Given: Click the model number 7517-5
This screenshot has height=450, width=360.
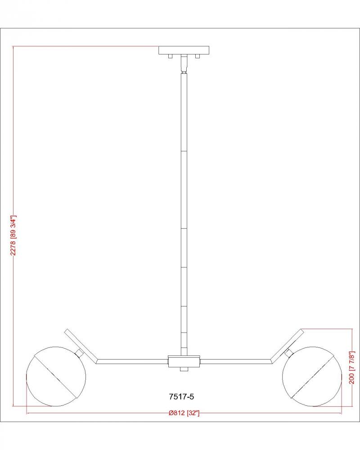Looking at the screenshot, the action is coord(181,396).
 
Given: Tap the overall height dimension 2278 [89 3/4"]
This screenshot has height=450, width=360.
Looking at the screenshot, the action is coord(13,235).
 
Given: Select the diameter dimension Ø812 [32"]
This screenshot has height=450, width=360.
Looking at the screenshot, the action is coord(184,413).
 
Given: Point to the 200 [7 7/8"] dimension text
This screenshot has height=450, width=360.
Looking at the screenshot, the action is coord(352,367).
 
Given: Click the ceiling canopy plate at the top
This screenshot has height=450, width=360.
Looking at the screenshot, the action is coord(184,50).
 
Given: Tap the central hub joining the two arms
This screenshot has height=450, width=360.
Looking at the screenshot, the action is coord(184,361).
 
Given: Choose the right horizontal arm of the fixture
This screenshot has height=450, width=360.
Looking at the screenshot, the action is coord(236,361).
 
